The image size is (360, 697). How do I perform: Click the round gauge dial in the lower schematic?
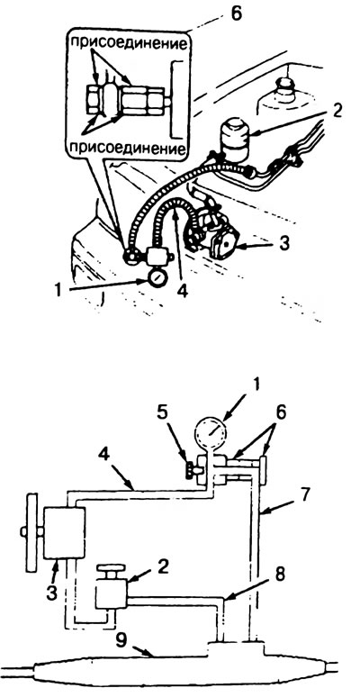tap(211, 435)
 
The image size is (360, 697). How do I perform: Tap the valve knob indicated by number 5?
tap(192, 470)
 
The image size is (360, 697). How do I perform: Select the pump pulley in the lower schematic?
tap(32, 531)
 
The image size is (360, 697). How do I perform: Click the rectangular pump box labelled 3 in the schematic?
tap(65, 533)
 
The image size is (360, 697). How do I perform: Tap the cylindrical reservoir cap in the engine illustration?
tap(234, 140)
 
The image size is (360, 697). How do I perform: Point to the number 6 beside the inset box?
tap(236, 14)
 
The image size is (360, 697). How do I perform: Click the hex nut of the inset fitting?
tap(94, 99)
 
